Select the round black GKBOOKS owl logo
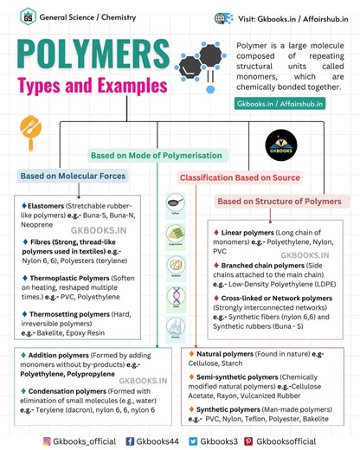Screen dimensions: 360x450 [280, 144]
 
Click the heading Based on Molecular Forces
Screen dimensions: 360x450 [74, 177]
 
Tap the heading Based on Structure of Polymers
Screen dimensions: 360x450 [279, 202]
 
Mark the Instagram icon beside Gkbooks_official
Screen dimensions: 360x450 [48, 440]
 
